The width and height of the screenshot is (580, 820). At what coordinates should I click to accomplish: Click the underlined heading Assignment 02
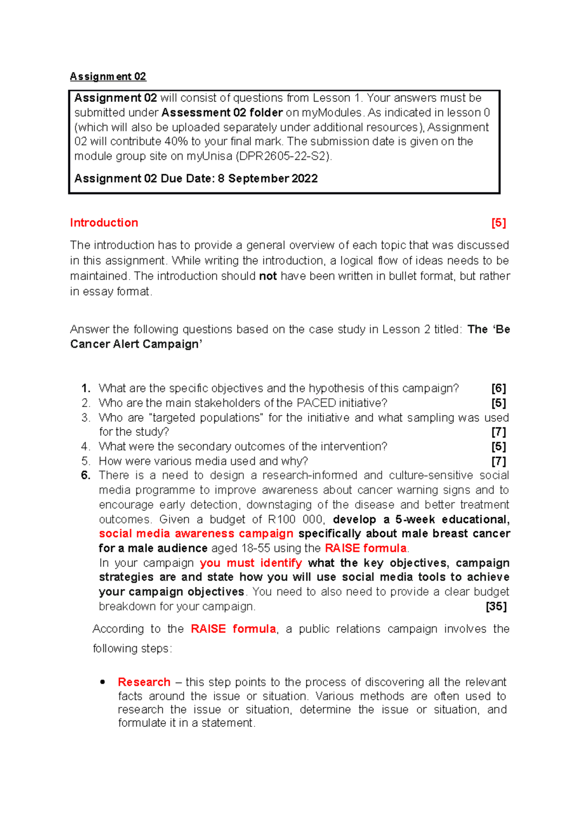(x=108, y=76)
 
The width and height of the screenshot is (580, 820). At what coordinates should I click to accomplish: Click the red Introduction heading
(x=104, y=223)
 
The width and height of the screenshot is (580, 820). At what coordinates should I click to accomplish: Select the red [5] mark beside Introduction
(x=498, y=223)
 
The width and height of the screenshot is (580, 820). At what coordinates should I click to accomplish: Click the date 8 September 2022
(x=268, y=179)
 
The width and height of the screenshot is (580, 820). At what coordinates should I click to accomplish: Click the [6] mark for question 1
(x=498, y=388)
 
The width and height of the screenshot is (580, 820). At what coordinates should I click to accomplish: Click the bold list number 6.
(x=86, y=475)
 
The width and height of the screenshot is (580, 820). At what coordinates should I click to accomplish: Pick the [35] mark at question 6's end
(x=496, y=607)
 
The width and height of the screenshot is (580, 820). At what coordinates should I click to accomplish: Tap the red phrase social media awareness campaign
(x=196, y=534)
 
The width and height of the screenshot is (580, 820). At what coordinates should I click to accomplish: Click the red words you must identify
(x=251, y=563)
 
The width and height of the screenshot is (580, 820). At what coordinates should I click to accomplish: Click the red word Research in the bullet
(x=144, y=682)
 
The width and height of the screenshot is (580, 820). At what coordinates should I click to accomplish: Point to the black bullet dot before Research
(x=102, y=682)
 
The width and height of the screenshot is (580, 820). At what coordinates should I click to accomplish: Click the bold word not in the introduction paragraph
(x=268, y=276)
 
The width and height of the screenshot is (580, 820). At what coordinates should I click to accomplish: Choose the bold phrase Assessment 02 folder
(x=222, y=113)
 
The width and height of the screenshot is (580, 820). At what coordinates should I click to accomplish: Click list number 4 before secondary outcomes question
(x=86, y=447)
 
